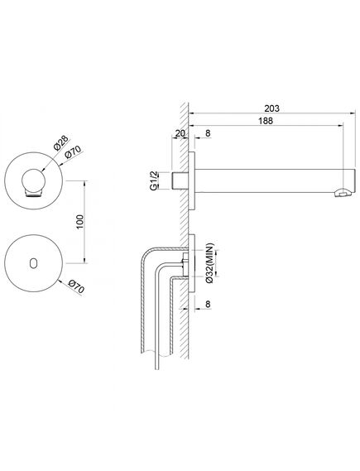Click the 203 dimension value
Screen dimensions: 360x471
click(271, 108)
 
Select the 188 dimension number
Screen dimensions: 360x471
click(266, 121)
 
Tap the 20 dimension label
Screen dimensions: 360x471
click(180, 133)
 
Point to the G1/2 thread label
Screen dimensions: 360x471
click(153, 180)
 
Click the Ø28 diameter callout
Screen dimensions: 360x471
click(61, 142)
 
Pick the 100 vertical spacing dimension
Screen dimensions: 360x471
click(80, 222)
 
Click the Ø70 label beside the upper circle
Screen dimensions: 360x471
click(73, 152)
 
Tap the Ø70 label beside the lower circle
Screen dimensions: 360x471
click(76, 287)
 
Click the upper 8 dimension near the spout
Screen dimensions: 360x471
click(208, 133)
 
